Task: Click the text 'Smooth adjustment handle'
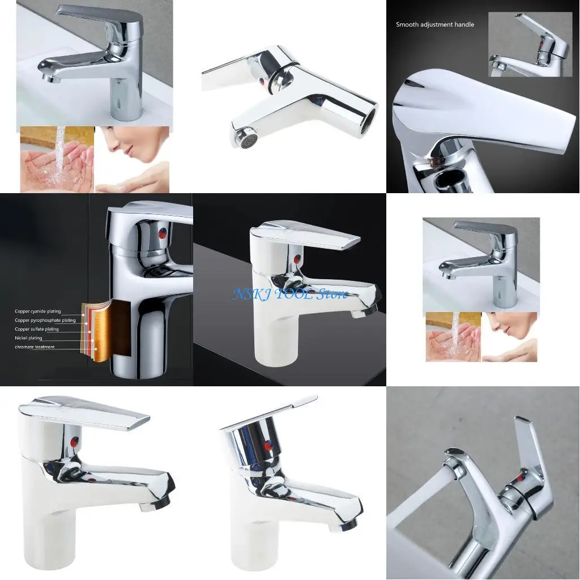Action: [x=434, y=24]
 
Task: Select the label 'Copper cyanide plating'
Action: [x=37, y=312]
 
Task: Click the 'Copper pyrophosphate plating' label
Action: [x=45, y=321]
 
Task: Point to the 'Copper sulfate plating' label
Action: [x=36, y=329]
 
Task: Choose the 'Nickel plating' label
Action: [x=28, y=338]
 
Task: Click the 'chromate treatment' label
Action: [x=35, y=347]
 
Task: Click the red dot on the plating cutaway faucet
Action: [x=163, y=233]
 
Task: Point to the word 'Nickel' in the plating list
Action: [x=21, y=338]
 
